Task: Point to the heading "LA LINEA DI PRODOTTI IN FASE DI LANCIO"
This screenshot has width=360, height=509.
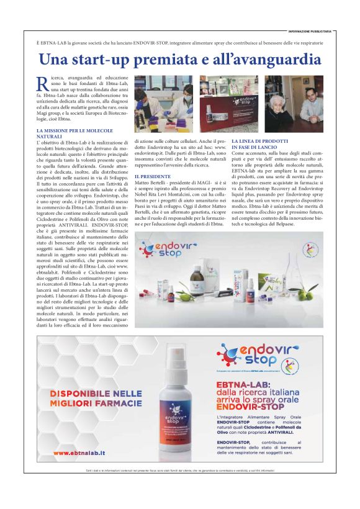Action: pos(258,143)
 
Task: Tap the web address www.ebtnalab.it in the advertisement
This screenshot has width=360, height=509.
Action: pos(79,453)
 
